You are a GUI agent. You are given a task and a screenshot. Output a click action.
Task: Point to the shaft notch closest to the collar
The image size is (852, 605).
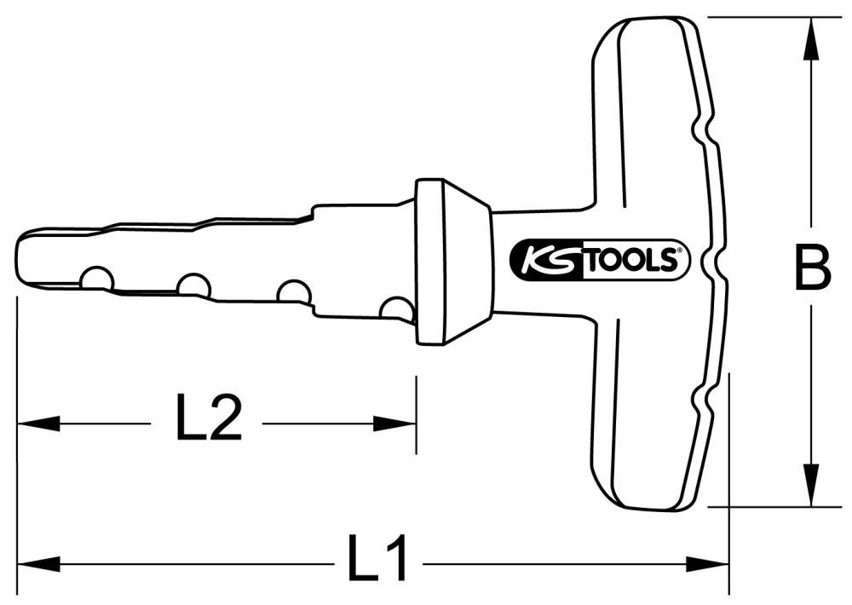[x=396, y=308]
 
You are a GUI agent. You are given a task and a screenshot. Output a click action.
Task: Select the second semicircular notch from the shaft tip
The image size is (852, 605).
[x=194, y=285]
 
